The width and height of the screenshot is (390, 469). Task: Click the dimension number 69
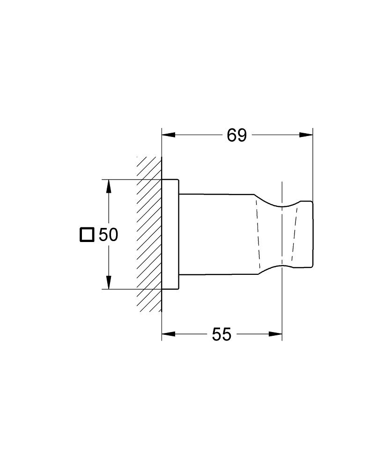point(236,135)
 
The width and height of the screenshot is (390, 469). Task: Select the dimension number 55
point(221,334)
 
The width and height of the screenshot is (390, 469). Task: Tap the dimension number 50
point(108,234)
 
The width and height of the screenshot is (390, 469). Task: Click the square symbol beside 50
point(87,234)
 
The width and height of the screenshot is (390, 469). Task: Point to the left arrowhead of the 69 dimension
point(168,135)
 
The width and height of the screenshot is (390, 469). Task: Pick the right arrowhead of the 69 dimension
point(306,135)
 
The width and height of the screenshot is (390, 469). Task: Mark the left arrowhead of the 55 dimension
point(168,334)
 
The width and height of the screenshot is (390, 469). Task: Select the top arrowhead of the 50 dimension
point(109,186)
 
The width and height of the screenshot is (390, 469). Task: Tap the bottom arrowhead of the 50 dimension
point(109,282)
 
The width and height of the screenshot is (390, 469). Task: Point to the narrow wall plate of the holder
point(170,234)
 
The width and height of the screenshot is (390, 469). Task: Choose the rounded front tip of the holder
point(306,234)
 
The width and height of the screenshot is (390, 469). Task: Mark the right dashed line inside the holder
point(294,234)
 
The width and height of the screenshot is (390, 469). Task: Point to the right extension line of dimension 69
point(313,164)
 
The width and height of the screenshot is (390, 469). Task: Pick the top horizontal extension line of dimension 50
point(131,179)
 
